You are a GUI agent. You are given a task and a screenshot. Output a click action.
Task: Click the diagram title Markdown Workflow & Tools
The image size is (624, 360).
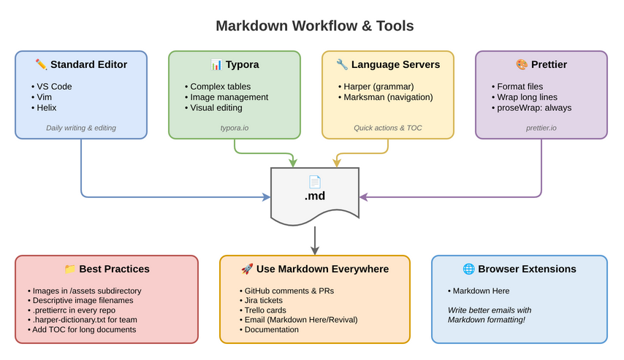coord(314,26)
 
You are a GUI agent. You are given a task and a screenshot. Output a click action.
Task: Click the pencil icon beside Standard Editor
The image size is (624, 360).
coord(41,65)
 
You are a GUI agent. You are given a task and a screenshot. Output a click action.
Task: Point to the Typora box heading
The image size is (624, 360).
coord(235,65)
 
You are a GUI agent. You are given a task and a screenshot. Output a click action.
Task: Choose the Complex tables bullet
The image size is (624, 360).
coord(219,86)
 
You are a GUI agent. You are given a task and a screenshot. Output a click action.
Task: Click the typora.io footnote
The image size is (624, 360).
coord(234,128)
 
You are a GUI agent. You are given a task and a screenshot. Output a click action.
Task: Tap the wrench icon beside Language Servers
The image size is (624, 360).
coord(342,65)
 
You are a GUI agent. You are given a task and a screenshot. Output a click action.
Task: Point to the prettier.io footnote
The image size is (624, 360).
coord(541,128)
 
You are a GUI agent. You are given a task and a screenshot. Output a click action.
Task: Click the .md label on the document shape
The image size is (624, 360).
coord(315,196)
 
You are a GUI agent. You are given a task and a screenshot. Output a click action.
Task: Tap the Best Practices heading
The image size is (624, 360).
coord(107,269)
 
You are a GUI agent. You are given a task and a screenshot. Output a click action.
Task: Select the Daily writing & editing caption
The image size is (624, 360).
coord(80,128)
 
